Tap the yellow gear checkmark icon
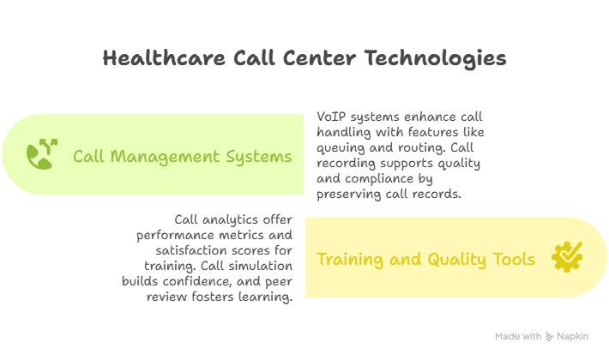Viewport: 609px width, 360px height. pos(568,256)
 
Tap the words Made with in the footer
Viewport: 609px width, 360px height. pos(518,337)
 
